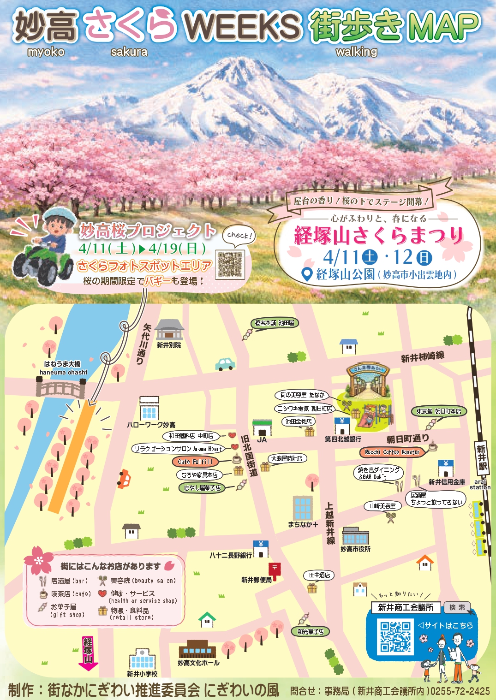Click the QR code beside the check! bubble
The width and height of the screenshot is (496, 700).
point(230,264)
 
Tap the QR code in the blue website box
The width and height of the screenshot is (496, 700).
point(395,637)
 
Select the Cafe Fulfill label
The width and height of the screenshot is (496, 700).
point(195,461)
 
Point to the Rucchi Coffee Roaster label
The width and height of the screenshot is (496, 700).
point(392,452)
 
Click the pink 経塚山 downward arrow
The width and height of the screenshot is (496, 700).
point(88,653)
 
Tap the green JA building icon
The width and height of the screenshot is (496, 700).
point(262,428)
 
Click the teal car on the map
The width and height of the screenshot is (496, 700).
point(225,364)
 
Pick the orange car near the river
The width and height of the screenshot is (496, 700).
point(123,479)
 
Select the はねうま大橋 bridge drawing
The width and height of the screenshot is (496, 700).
point(61,387)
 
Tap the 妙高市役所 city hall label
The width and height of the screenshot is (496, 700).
point(355,549)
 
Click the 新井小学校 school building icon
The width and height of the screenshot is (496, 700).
point(142,660)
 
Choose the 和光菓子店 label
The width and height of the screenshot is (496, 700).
point(311,632)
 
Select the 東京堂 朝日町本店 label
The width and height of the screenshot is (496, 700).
point(438,411)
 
